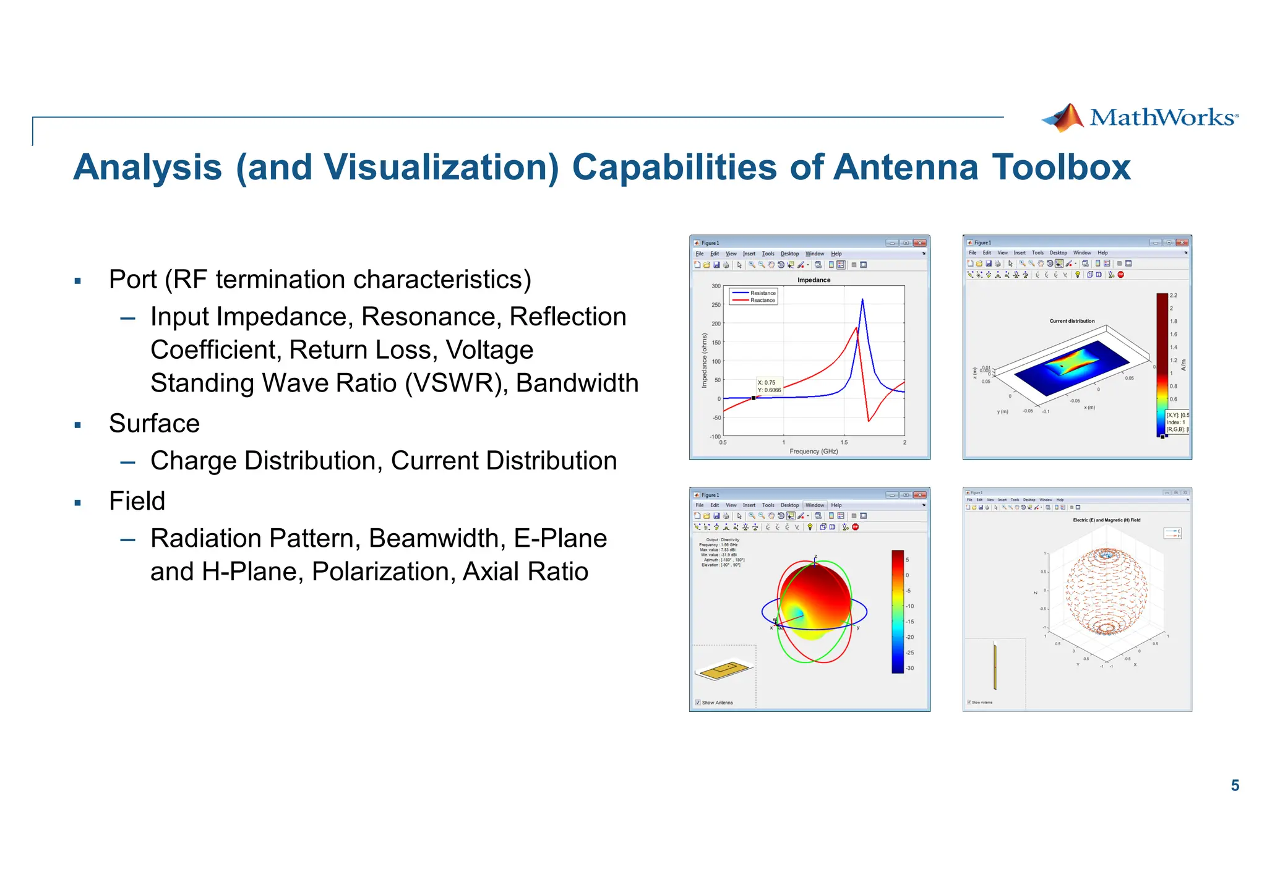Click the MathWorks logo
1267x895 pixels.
pos(1140,118)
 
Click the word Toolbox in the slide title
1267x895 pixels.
pos(1061,168)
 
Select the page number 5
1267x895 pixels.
pos(1235,786)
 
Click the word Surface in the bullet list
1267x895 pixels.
pos(154,424)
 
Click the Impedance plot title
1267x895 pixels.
pos(814,280)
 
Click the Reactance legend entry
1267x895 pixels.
pos(762,301)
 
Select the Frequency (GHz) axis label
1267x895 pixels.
pos(814,452)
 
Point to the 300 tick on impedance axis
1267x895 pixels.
pos(716,286)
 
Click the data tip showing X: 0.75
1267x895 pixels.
pos(769,387)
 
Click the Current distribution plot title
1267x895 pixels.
pos(1072,321)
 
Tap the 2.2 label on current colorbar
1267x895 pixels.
pos(1173,296)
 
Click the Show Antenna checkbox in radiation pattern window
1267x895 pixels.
pos(698,703)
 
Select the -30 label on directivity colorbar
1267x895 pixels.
pos(910,669)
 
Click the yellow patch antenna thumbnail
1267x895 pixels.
pos(724,670)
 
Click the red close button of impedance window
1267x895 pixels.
pos(920,243)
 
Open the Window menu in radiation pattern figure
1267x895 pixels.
pos(814,505)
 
